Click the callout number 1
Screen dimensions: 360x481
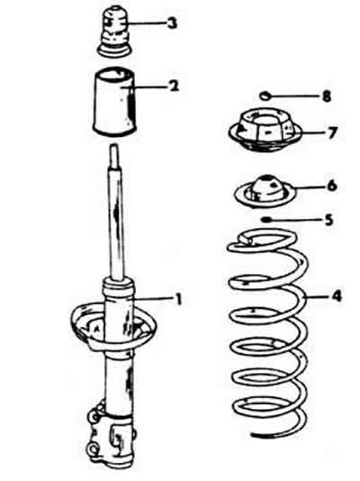(177, 300)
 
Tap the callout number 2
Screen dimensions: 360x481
(174, 86)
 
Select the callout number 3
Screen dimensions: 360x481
(173, 23)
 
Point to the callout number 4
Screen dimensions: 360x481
(336, 296)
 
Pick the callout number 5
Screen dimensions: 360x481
(328, 220)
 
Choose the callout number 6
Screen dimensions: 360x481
(332, 186)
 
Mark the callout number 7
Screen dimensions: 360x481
(332, 132)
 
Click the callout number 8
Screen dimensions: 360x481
(327, 96)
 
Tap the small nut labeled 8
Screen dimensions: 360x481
(265, 96)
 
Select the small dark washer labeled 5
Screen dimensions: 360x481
(265, 220)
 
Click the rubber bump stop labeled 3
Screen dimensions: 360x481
(114, 33)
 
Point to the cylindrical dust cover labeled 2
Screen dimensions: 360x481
(114, 102)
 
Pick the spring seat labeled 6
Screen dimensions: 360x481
(265, 192)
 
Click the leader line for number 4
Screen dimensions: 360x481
(318, 296)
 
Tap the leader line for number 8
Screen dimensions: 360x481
(295, 96)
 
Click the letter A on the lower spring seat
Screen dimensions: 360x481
(97, 329)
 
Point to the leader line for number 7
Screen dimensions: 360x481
(313, 132)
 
